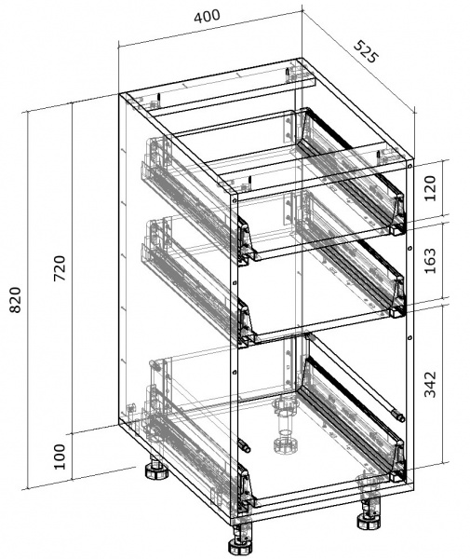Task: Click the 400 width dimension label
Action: point(208,16)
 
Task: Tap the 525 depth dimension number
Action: point(366,52)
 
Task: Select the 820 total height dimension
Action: point(15,299)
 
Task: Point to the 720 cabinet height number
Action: point(60,268)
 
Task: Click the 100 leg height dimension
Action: point(60,457)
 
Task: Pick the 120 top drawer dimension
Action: point(430,188)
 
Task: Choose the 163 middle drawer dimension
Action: point(430,261)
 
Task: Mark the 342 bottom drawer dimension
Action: point(430,384)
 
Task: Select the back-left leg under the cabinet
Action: point(156,468)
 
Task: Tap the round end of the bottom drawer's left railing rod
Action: point(245,446)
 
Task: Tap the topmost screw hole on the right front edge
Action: point(410,166)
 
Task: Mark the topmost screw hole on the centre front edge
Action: point(235,201)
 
